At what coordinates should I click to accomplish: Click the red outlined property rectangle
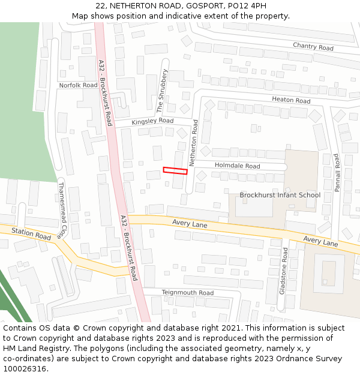pyautogui.click(x=175, y=170)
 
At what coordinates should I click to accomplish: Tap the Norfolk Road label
pyautogui.click(x=78, y=85)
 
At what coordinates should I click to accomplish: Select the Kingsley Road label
pyautogui.click(x=152, y=121)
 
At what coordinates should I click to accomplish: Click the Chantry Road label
pyautogui.click(x=313, y=47)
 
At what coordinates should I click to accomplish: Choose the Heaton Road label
pyautogui.click(x=291, y=100)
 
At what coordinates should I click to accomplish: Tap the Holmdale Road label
pyautogui.click(x=237, y=166)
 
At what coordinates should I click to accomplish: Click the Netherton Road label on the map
pyautogui.click(x=194, y=142)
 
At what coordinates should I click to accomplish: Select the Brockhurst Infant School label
pyautogui.click(x=280, y=195)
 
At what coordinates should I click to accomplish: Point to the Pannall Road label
pyautogui.click(x=337, y=173)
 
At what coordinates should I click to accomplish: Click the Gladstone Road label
pyautogui.click(x=284, y=270)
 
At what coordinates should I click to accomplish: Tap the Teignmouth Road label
pyautogui.click(x=187, y=293)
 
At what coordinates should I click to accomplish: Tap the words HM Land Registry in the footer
pyautogui.click(x=32, y=348)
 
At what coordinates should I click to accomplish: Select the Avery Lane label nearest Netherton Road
pyautogui.click(x=190, y=224)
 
